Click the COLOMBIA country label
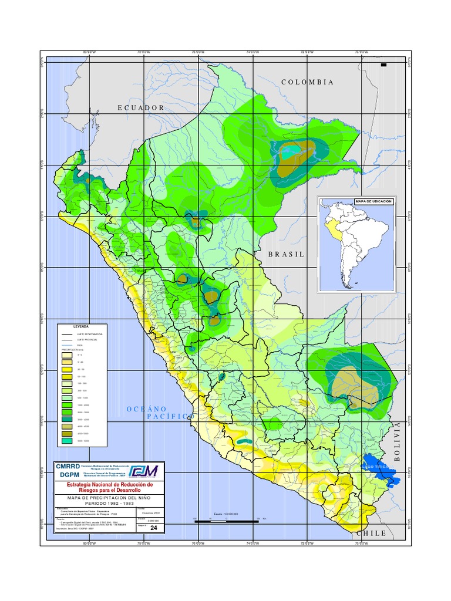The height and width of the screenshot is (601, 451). click(x=308, y=82)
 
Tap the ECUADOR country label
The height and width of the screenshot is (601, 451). click(x=141, y=108)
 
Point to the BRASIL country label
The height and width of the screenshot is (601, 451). click(x=287, y=254)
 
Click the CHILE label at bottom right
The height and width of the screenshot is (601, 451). click(x=371, y=533)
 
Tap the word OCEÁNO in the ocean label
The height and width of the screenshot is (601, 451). click(x=147, y=408)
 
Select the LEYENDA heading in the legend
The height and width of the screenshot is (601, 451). click(x=81, y=326)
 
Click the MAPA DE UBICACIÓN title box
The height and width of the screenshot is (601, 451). click(x=373, y=201)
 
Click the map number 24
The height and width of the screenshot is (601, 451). click(x=154, y=528)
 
